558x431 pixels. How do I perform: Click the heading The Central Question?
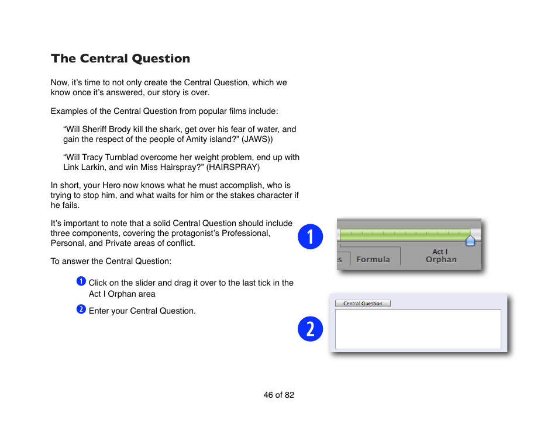120,58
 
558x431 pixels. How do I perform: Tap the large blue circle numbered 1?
310,236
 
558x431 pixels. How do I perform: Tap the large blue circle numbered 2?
310,329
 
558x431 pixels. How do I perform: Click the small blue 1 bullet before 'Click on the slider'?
81,281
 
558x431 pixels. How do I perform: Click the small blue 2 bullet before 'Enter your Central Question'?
81,310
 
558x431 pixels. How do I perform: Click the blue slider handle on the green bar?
470,241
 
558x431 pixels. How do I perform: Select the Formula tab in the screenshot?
373,259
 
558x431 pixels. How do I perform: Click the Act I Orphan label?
440,256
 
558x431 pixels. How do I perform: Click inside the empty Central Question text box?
418,329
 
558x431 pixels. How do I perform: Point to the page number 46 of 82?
278,395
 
